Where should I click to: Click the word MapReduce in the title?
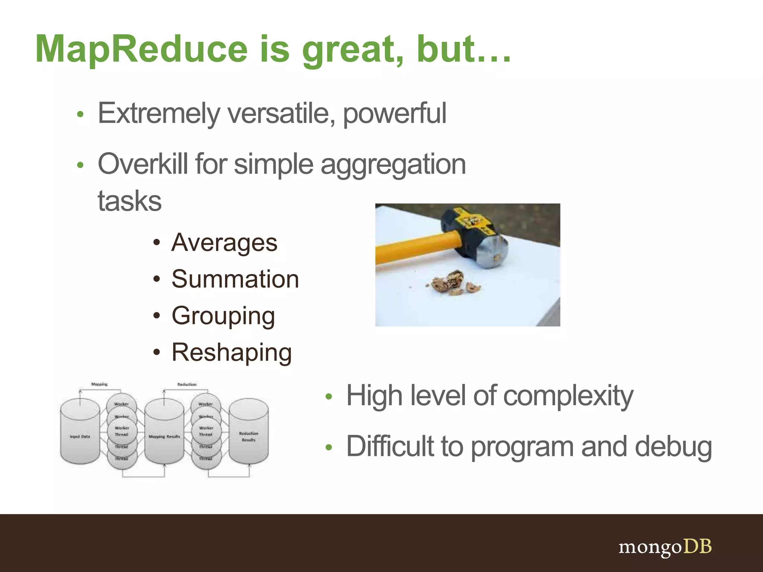point(142,49)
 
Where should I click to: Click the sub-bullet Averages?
point(224,243)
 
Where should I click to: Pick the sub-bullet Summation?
point(235,279)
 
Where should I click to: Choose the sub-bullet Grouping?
point(223,316)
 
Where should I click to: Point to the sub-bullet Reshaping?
point(231,352)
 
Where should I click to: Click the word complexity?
point(568,396)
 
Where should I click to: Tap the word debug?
point(673,447)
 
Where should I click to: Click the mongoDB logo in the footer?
point(665,547)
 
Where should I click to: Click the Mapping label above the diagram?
point(99,384)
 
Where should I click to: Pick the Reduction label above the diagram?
point(187,384)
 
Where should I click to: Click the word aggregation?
point(393,165)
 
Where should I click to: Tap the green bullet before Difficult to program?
point(328,447)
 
